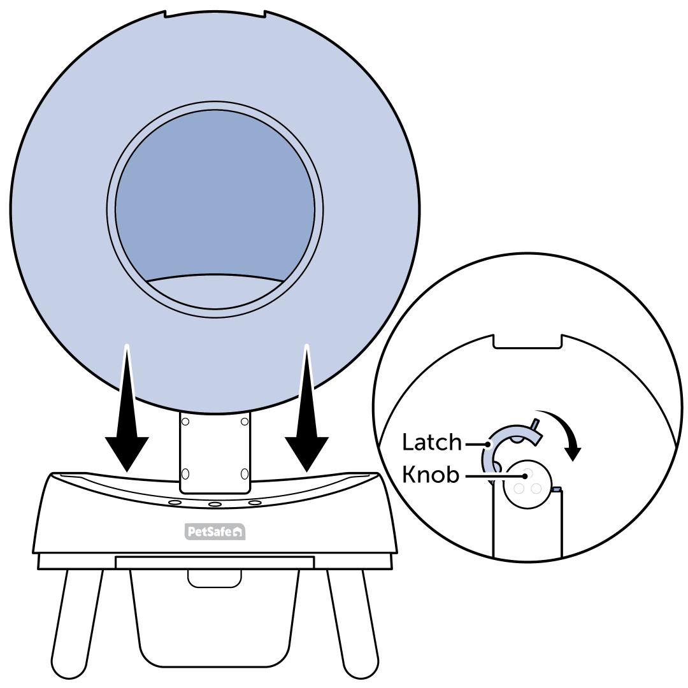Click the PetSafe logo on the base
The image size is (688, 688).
tap(215, 531)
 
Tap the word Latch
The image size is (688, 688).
tap(431, 441)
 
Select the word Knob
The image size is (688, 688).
tap(430, 475)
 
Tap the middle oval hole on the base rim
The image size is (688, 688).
tap(215, 505)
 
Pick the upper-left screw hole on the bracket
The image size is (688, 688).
tap(185, 421)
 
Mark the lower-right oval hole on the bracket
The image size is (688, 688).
tap(245, 473)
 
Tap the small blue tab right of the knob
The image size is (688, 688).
tap(556, 489)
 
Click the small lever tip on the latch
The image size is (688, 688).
tap(536, 424)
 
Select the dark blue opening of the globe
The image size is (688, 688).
tap(215, 191)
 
